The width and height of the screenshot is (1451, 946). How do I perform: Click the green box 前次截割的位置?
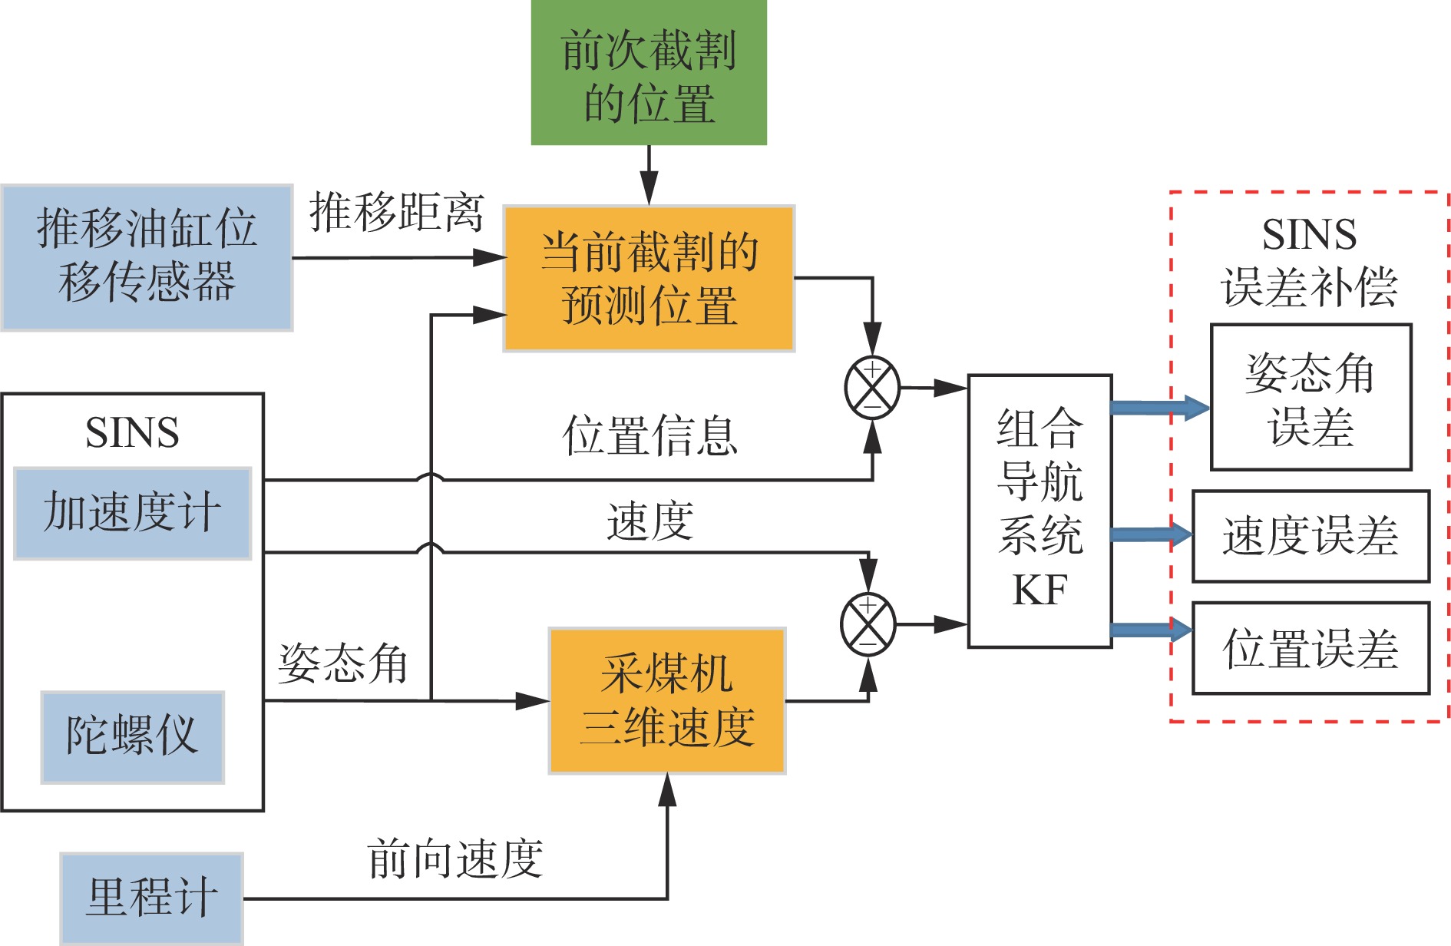pos(649,73)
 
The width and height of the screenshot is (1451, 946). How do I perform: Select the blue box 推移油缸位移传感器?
pos(147,257)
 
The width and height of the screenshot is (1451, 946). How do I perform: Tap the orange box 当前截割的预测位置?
pos(649,278)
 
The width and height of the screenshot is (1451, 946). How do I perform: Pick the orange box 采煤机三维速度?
pos(667,700)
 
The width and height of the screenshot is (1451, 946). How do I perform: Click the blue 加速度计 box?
pos(133,513)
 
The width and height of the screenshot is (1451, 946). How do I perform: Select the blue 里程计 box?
pos(152,897)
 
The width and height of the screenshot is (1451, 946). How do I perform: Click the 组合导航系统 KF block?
pos(1039,511)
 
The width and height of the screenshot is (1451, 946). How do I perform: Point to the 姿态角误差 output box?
pos(1311,397)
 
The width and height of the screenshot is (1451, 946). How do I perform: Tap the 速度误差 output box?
pos(1311,536)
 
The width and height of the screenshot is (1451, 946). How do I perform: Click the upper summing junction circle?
pos(872,388)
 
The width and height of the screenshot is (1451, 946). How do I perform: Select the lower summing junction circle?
pos(868,624)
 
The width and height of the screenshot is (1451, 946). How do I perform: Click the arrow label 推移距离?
pos(397,213)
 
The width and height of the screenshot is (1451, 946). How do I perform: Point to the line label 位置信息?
pos(649,435)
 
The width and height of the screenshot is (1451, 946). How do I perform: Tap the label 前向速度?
pos(455,858)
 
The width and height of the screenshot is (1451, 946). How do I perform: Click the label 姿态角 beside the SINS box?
pos(342,663)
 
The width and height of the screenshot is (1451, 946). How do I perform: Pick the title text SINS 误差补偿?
pos(1310,261)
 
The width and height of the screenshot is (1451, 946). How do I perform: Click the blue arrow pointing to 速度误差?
pos(1151,534)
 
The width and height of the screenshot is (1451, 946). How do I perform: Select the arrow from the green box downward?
pos(649,175)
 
